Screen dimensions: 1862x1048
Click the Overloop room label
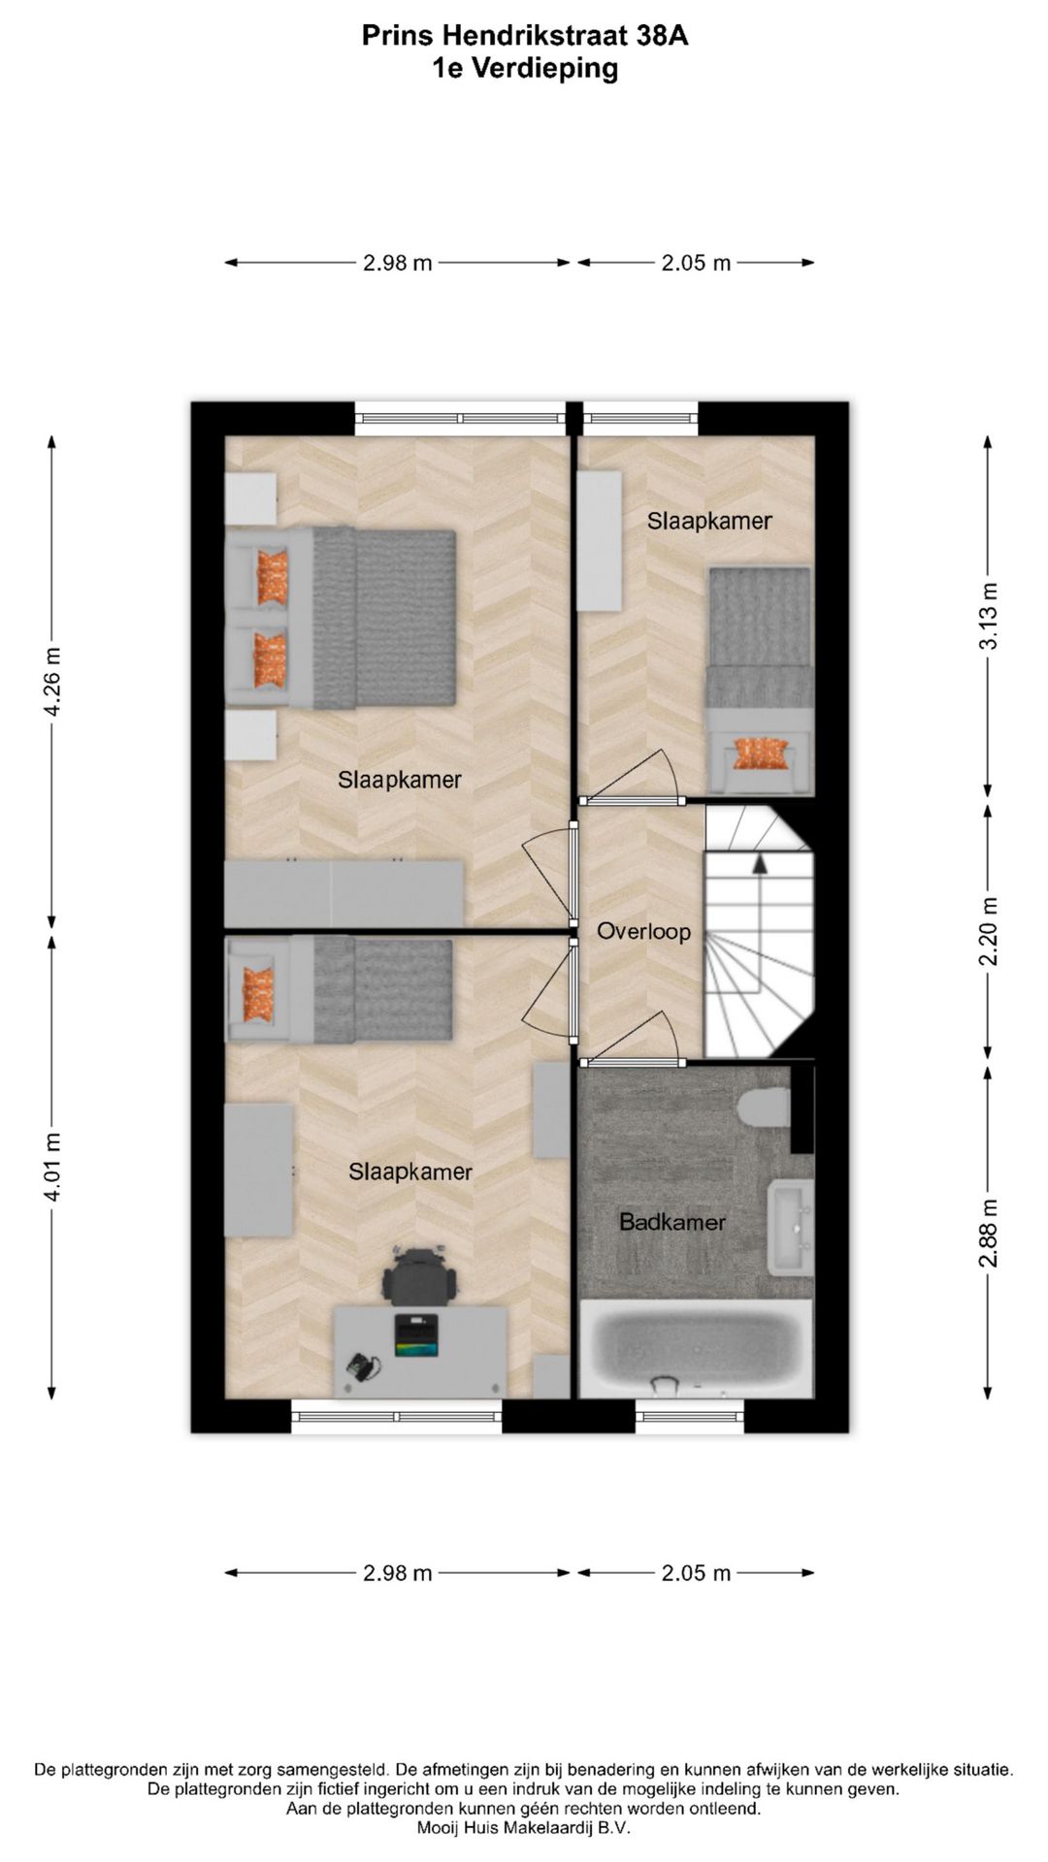tap(643, 932)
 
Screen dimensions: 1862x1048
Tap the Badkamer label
tap(671, 1222)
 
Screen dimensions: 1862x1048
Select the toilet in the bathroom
tap(764, 1108)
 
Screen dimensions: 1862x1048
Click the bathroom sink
tap(791, 1228)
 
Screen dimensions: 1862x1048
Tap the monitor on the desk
tap(416, 1336)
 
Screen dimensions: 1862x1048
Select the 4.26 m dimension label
tap(52, 682)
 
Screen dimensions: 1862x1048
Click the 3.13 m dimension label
tap(988, 616)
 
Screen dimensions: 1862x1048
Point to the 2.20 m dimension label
tap(988, 932)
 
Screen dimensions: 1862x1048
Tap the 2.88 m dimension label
tap(988, 1234)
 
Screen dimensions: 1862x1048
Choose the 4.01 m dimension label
tap(52, 1167)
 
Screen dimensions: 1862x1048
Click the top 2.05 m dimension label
tap(696, 263)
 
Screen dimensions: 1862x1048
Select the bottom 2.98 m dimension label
tap(397, 1573)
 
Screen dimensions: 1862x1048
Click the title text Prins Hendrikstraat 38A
tap(524, 36)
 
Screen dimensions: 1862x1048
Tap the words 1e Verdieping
tap(524, 69)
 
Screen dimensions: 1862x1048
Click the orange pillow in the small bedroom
tap(760, 753)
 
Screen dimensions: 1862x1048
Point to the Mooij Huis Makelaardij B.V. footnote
tap(524, 1828)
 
